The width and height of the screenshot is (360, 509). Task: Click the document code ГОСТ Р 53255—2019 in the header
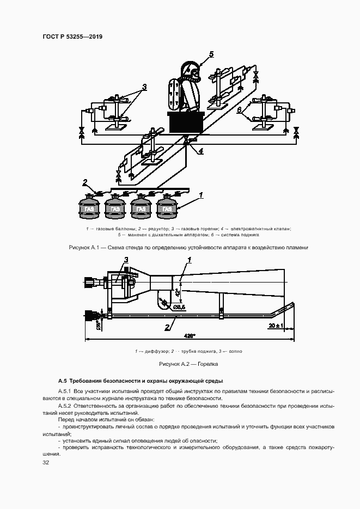pyautogui.click(x=72, y=36)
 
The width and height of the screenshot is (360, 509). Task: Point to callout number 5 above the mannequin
pyautogui.click(x=211, y=53)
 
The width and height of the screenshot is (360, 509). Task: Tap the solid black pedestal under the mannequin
pyautogui.click(x=187, y=122)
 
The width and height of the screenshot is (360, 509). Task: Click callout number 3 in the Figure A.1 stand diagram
pyautogui.click(x=144, y=87)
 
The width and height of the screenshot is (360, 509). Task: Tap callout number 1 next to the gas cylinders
pyautogui.click(x=201, y=194)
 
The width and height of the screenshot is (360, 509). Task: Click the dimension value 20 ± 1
pyautogui.click(x=277, y=325)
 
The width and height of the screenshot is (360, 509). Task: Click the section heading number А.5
pyautogui.click(x=62, y=381)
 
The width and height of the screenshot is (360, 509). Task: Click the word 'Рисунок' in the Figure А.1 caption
pyautogui.click(x=81, y=247)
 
